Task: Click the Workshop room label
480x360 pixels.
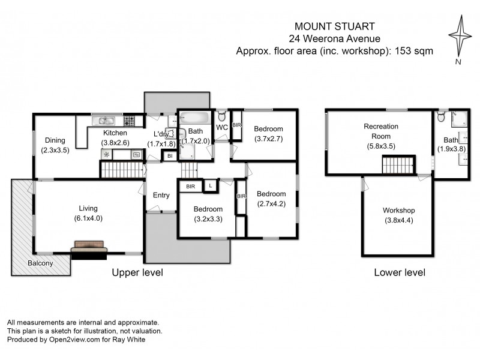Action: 399,211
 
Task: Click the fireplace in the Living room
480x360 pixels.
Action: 89,248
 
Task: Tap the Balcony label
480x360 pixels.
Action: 41,263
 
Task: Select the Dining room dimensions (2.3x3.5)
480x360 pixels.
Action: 55,151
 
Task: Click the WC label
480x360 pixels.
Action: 221,127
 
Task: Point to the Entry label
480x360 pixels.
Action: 161,195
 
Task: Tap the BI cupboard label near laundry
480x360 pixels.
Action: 170,156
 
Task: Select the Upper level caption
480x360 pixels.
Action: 137,272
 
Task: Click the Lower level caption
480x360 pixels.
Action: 399,272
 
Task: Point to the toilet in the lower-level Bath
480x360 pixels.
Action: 442,116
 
